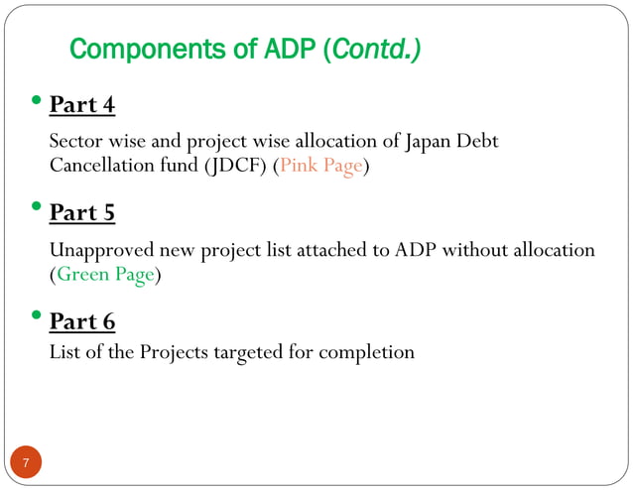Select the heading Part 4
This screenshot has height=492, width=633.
click(81, 104)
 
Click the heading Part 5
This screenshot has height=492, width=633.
click(81, 212)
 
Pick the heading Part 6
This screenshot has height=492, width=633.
click(81, 321)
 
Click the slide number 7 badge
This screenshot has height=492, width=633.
click(26, 462)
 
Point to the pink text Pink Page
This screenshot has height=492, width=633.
click(320, 166)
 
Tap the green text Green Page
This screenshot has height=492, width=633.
click(104, 275)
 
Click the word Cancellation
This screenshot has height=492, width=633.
click(101, 166)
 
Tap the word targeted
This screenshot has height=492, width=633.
click(244, 352)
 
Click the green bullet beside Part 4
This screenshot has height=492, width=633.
click(37, 101)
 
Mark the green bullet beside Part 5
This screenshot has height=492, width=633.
click(37, 209)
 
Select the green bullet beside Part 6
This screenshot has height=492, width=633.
click(37, 318)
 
